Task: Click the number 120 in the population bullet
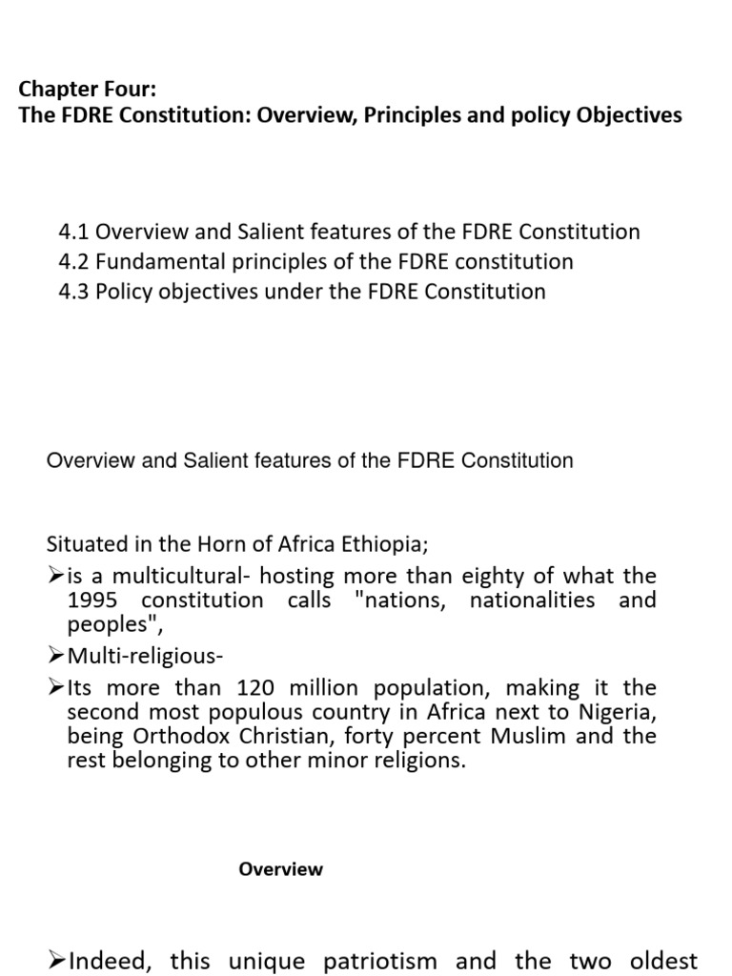(x=261, y=688)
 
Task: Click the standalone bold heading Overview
(x=280, y=869)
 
